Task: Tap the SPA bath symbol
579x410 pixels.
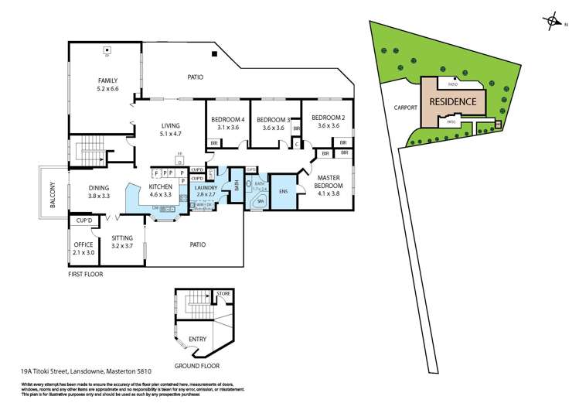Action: pos(254,199)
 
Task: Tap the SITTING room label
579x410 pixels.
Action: pos(122,241)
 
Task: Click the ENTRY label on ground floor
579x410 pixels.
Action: pos(197,338)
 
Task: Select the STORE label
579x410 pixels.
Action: pos(224,293)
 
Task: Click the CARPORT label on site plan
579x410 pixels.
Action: pos(405,108)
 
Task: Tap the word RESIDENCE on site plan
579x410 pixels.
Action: pos(452,101)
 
